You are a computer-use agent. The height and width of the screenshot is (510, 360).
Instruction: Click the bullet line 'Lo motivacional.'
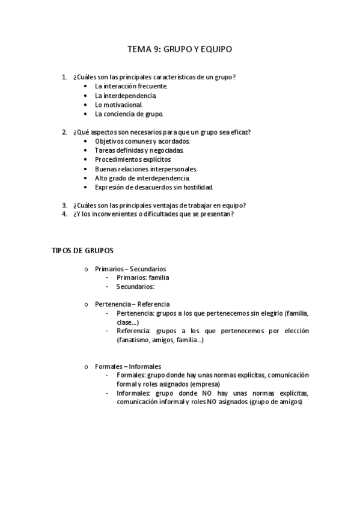119,104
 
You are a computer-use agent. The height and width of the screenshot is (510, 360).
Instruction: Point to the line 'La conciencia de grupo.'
129,114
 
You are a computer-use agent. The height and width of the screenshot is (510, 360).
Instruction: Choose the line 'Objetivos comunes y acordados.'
138,141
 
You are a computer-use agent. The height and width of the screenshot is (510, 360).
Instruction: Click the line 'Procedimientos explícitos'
132,159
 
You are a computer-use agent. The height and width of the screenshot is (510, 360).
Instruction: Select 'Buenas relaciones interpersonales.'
145,169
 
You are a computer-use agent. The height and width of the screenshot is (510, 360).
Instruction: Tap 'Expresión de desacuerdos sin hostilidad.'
154,187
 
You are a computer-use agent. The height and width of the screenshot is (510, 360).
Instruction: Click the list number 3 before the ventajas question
64,205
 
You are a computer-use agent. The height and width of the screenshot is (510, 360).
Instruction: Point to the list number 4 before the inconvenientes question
64,214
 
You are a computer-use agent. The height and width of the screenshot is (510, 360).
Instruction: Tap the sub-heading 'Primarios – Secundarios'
130,268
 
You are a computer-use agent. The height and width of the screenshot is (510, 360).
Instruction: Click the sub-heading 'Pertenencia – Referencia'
132,304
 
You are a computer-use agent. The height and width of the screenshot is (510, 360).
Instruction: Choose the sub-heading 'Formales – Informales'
127,366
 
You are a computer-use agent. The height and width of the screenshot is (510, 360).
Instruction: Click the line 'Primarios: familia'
142,278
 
